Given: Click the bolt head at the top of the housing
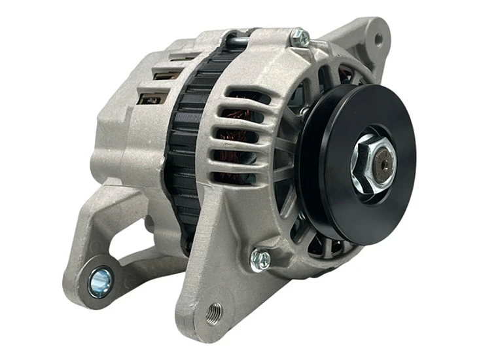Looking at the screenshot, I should coord(300,37).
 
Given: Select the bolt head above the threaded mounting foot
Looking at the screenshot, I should coord(260,260).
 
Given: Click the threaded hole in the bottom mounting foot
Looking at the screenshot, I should coord(213,313).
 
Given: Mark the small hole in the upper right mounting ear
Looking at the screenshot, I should coord(379,39).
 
